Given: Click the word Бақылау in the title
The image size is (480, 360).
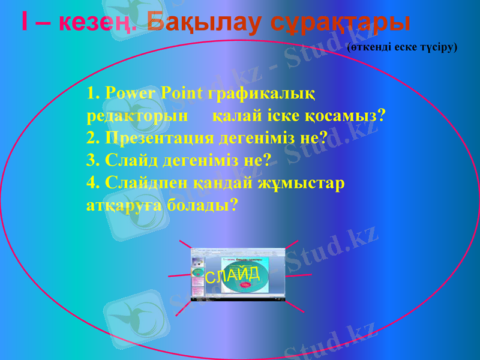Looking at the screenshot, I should [x=204, y=23].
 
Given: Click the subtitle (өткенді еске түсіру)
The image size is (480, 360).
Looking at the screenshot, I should [x=402, y=46].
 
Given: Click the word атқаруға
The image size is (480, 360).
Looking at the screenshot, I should [x=126, y=205].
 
